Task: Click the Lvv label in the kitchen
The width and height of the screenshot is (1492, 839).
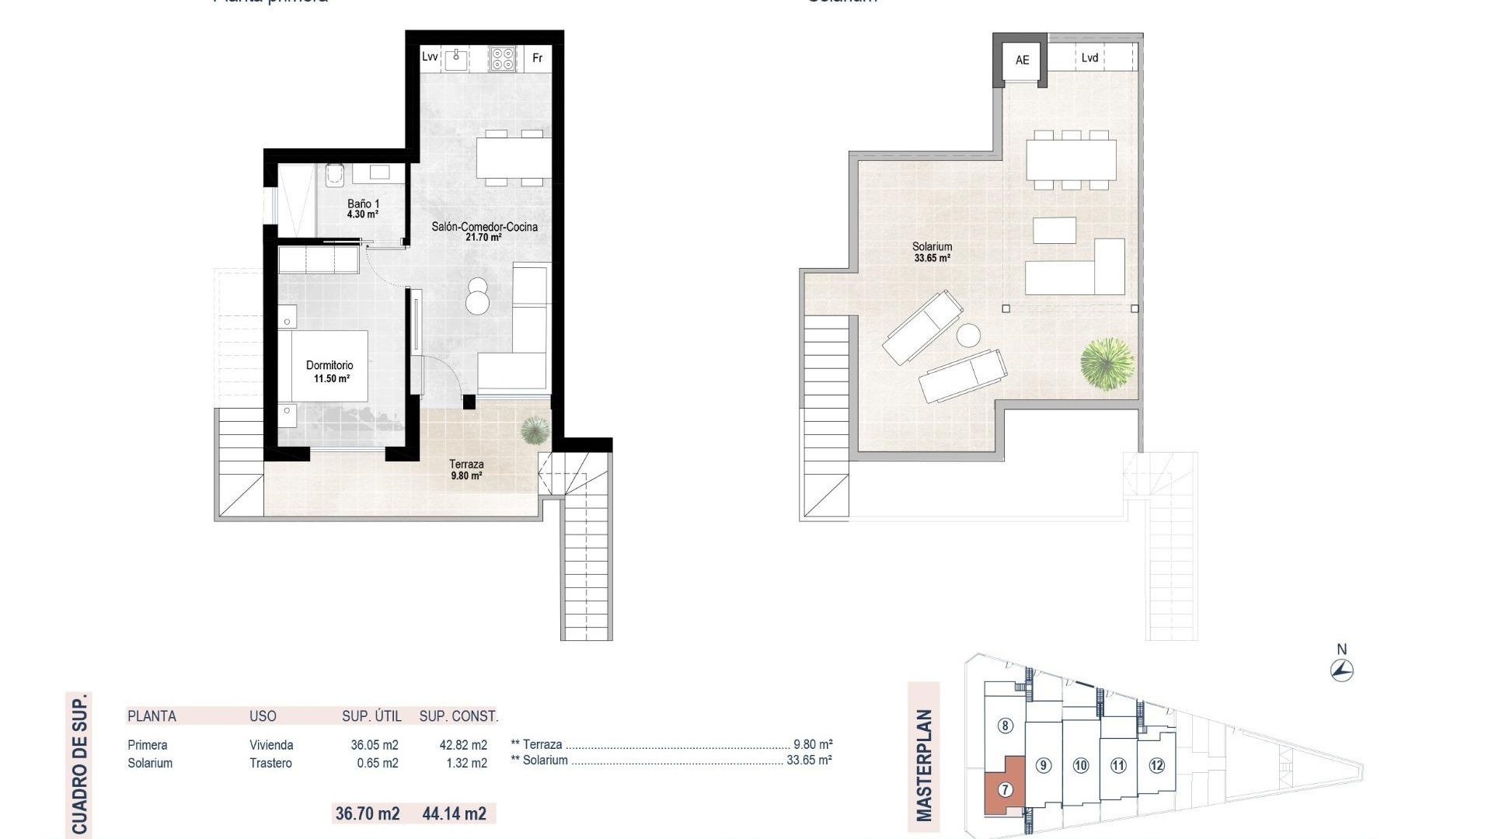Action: (x=430, y=57)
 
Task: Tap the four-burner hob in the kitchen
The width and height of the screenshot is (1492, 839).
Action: (x=503, y=59)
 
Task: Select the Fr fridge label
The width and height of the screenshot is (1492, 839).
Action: (x=537, y=58)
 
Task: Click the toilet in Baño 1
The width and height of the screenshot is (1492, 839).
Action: (x=335, y=175)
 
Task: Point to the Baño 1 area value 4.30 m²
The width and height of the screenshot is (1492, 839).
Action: (x=363, y=214)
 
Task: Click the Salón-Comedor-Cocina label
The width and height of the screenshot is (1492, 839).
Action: (x=484, y=227)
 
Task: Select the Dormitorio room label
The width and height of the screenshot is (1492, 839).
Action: (x=329, y=365)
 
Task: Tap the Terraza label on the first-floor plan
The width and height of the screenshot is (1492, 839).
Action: (x=466, y=464)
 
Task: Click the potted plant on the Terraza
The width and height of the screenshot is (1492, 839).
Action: (x=535, y=430)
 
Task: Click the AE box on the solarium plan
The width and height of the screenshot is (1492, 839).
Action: (x=1022, y=60)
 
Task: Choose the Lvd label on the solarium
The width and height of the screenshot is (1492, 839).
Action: (x=1089, y=58)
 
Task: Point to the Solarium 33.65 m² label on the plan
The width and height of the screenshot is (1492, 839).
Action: (x=932, y=252)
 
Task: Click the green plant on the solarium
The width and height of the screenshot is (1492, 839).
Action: (x=1107, y=363)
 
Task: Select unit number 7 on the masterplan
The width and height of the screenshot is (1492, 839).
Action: (x=1006, y=790)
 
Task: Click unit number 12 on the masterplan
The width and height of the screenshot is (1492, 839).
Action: (x=1156, y=765)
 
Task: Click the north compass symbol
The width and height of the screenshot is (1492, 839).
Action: (x=1342, y=670)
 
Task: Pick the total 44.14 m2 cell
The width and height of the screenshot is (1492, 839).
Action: (x=455, y=813)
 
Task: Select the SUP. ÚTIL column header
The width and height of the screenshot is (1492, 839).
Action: (x=371, y=716)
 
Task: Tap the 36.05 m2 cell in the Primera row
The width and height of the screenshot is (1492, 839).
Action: (x=375, y=745)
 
